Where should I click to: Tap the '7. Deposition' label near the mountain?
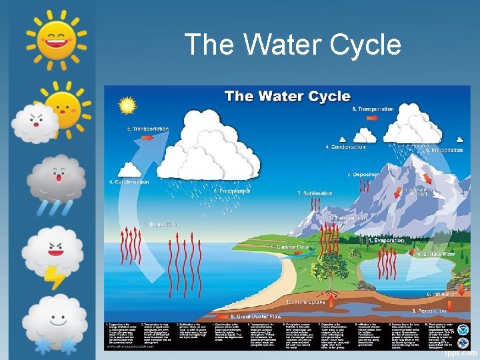(365, 175)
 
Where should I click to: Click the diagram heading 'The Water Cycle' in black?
(287, 96)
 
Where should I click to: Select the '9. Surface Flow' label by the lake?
(435, 254)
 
